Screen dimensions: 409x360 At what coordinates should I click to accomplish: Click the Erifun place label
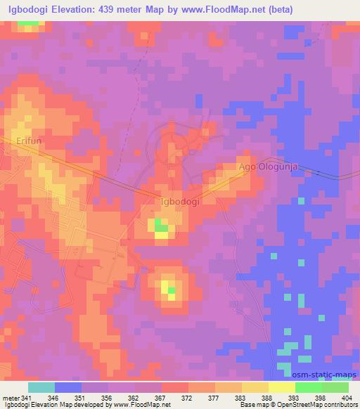coord(29,141)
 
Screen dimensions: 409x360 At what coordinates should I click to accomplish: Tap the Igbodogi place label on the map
coord(179,202)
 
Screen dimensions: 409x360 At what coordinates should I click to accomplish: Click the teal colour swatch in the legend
coord(41,387)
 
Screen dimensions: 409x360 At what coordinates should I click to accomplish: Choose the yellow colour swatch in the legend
coord(281,387)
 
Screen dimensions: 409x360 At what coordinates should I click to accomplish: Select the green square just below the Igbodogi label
coord(161,225)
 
